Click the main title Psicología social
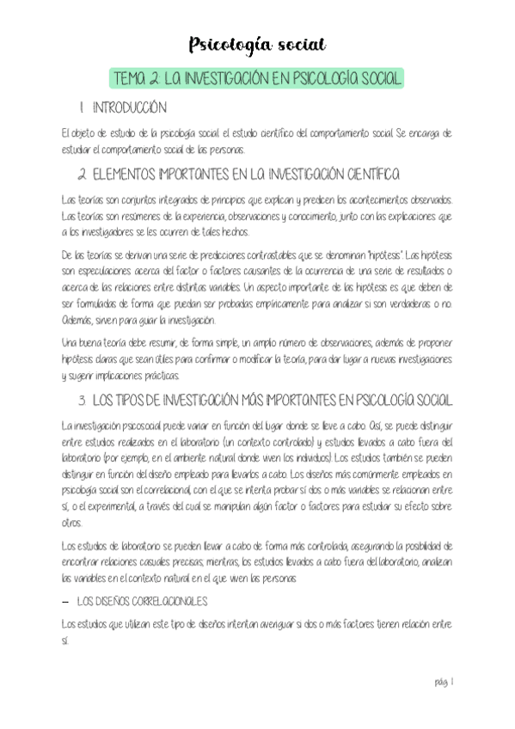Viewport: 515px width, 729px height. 257,44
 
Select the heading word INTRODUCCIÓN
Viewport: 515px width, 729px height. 128,109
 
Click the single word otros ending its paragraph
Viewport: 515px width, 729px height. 72,523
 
